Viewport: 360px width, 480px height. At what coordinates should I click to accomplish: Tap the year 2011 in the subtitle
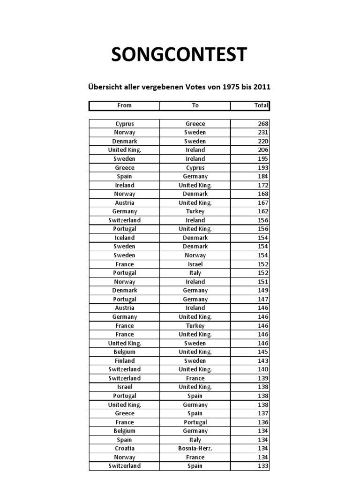[x=262, y=87]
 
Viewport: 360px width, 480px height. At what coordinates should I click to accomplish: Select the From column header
[x=124, y=105]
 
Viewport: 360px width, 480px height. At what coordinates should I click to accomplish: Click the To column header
[x=195, y=105]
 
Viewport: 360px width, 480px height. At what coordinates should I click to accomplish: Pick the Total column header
[x=261, y=105]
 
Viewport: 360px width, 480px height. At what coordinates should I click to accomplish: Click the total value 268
[x=263, y=124]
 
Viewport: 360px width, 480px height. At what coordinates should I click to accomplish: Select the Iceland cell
[x=124, y=238]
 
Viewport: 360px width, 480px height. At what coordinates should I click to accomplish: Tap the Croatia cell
[x=124, y=449]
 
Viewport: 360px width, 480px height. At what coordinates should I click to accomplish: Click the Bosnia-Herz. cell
[x=195, y=449]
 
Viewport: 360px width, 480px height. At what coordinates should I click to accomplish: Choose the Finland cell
[x=124, y=361]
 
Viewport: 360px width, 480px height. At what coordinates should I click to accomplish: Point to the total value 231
[x=263, y=133]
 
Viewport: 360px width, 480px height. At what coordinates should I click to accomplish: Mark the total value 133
[x=263, y=466]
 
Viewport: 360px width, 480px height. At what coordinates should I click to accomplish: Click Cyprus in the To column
[x=195, y=168]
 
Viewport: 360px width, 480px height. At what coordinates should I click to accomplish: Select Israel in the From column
[x=124, y=387]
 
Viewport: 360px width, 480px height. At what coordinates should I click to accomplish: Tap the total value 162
[x=263, y=211]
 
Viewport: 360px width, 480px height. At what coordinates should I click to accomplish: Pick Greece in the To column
[x=195, y=124]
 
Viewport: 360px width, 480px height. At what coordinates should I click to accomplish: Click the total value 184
[x=263, y=176]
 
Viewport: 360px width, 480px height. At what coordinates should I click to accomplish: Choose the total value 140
[x=263, y=369]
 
